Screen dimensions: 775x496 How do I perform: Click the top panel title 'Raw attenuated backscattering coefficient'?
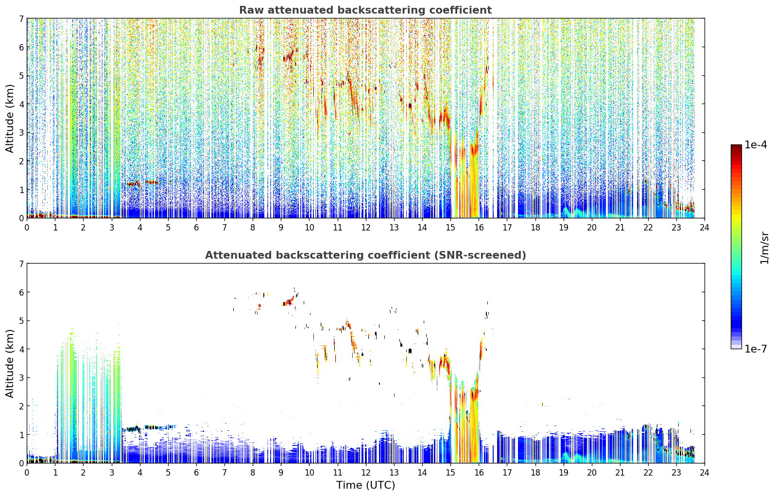pos(365,10)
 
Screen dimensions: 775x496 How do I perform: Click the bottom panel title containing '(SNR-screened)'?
pos(365,255)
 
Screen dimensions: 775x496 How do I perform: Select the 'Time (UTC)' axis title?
pos(365,485)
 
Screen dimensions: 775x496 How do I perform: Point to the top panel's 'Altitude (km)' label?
pos(10,119)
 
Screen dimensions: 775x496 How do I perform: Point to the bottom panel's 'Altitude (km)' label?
pos(10,363)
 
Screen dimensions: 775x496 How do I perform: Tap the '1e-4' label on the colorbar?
pos(756,145)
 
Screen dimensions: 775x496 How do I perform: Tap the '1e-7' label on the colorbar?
pos(756,349)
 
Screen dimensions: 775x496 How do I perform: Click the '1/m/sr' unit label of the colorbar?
pos(764,248)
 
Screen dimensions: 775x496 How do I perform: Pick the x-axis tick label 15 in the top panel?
pos(450,228)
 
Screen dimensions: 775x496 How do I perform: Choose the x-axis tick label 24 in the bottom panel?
pos(705,473)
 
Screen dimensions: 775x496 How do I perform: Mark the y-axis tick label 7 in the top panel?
pos(21,18)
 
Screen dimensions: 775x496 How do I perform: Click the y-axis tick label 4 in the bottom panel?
pos(21,349)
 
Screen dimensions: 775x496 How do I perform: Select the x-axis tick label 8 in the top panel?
pos(253,228)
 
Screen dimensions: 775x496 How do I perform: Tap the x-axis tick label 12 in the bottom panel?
pos(366,473)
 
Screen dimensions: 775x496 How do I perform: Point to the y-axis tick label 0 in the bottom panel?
pos(21,463)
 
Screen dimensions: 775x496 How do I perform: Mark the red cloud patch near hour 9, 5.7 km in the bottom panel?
pos(288,301)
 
